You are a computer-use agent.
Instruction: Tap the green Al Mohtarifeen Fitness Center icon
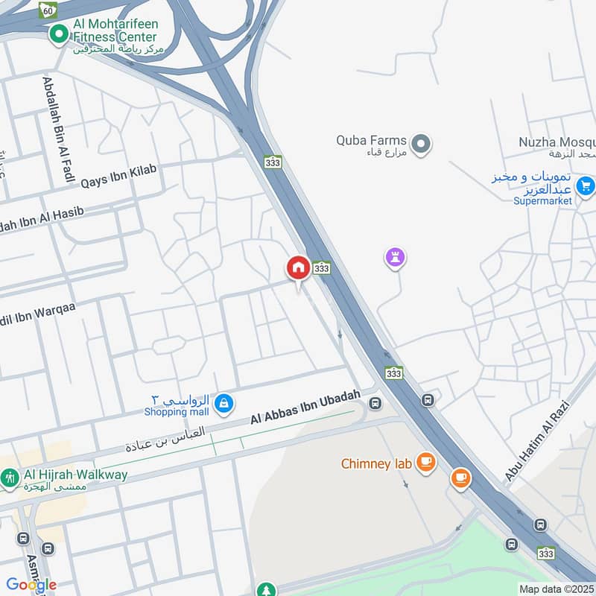click(x=59, y=34)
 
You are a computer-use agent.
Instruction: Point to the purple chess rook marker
click(x=395, y=259)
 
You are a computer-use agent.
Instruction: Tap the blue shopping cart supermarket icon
click(x=586, y=185)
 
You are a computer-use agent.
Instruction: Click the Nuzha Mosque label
click(x=557, y=142)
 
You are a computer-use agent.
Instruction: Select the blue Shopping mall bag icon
click(x=223, y=405)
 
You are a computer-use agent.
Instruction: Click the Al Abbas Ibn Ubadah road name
click(x=305, y=408)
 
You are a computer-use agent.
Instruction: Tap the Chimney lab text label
click(x=376, y=463)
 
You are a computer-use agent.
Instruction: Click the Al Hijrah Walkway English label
click(x=75, y=475)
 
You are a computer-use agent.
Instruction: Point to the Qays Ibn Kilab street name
click(x=119, y=176)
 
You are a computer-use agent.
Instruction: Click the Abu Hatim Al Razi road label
click(x=536, y=440)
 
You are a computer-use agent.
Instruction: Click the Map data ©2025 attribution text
click(x=556, y=589)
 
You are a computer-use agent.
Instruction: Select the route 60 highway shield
click(x=48, y=10)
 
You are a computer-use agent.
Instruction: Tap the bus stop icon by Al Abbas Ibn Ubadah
click(x=375, y=404)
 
